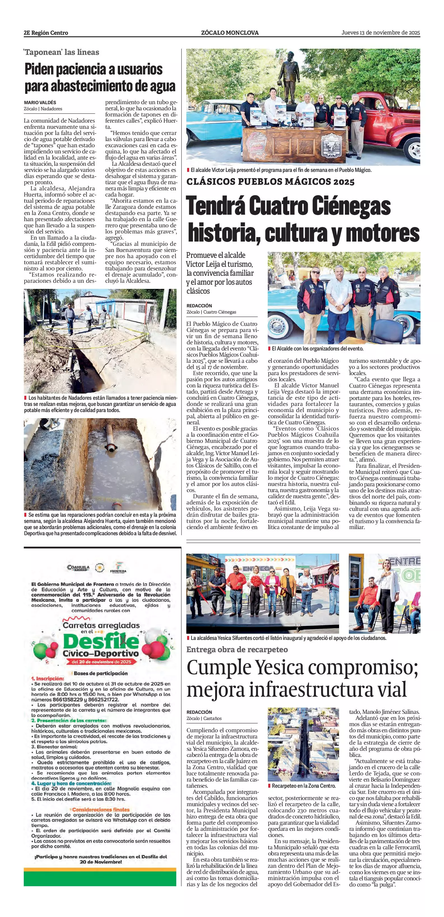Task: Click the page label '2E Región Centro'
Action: [46, 33]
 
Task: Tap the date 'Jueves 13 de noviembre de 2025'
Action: [381, 32]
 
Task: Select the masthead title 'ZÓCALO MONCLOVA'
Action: [229, 33]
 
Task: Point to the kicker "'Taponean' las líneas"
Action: [62, 52]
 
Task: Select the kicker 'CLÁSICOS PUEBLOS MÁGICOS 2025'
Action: [270, 182]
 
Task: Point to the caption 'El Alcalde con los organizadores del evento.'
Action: [317, 348]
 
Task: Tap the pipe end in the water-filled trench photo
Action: [111, 449]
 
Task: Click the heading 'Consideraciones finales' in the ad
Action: [101, 810]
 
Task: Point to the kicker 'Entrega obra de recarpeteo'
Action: [237, 649]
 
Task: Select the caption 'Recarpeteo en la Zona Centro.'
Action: [304, 786]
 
